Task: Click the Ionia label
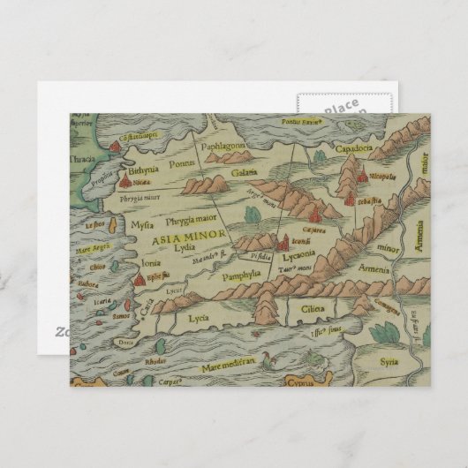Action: pyautogui.click(x=151, y=263)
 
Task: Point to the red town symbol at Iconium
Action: pyautogui.click(x=282, y=242)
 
